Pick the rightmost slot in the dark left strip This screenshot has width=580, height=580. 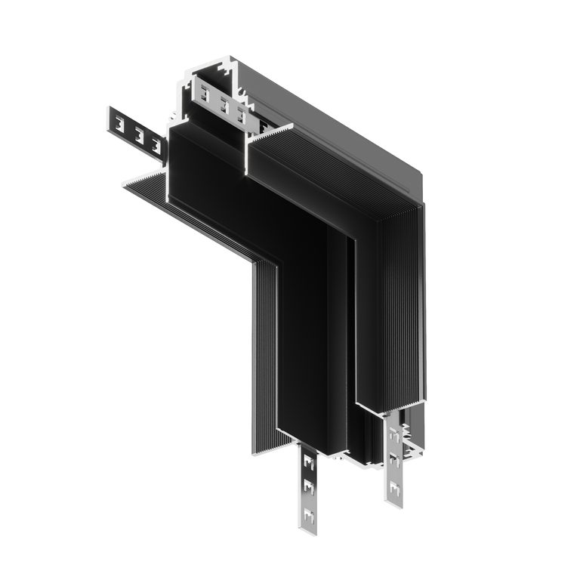[156, 143]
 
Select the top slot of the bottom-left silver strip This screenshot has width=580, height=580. [307, 460]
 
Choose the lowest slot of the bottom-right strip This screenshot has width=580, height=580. [394, 491]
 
